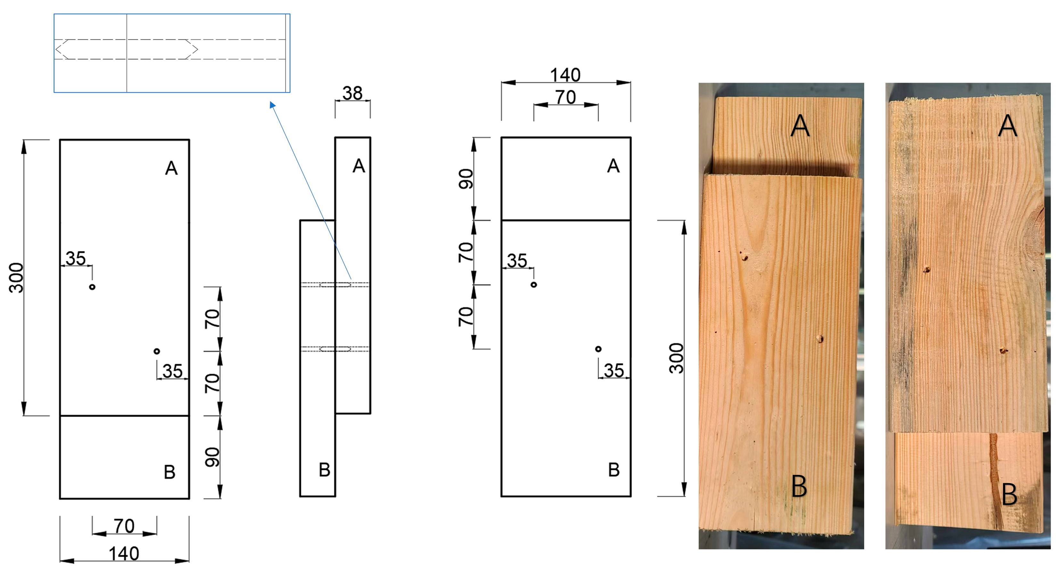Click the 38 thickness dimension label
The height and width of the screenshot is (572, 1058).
coord(352,93)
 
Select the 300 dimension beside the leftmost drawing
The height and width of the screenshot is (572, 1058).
coord(16,278)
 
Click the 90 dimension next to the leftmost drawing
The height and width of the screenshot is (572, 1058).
coord(212,457)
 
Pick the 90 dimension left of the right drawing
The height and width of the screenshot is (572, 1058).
coord(466,179)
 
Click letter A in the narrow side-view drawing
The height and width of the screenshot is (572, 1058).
coord(358,166)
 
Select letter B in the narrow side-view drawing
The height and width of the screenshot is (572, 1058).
coord(324,470)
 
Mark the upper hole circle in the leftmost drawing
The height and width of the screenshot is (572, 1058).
coord(92,287)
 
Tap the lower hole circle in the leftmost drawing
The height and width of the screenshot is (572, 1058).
coord(157,351)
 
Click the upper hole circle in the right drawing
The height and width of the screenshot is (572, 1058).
coord(534,284)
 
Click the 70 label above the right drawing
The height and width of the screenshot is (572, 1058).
coord(566,97)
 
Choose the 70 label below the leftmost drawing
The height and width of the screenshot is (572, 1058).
coord(124,526)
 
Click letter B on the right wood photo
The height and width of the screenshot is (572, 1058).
coord(1009,495)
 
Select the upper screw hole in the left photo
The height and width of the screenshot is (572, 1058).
coord(744,258)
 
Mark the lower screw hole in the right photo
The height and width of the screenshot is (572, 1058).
coord(1003,350)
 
